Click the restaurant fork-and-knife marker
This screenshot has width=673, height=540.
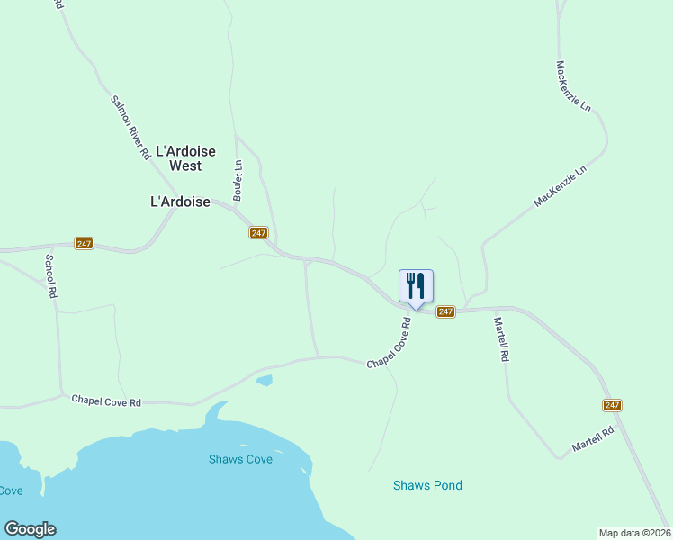click(x=416, y=286)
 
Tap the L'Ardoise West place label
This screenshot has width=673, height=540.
click(x=186, y=158)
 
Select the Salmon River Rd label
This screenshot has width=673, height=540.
click(x=130, y=128)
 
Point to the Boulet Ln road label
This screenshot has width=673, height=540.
click(x=238, y=180)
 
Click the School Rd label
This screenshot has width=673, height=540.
click(x=51, y=276)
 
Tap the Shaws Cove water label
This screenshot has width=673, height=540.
click(x=240, y=459)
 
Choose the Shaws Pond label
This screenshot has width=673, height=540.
click(x=427, y=486)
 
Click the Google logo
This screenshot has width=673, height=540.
click(x=30, y=529)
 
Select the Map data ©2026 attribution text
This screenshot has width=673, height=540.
click(x=634, y=532)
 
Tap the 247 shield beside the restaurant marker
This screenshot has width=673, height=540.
click(x=445, y=311)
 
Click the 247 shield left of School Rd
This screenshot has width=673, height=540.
click(x=84, y=244)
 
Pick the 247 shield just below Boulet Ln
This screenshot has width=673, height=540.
click(x=258, y=232)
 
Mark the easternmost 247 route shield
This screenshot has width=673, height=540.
click(x=613, y=405)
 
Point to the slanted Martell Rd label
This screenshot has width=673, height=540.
click(x=594, y=439)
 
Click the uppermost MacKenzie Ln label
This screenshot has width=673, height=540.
click(x=573, y=87)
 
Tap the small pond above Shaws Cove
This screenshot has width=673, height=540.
click(x=264, y=381)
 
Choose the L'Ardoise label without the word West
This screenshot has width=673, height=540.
click(x=180, y=202)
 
